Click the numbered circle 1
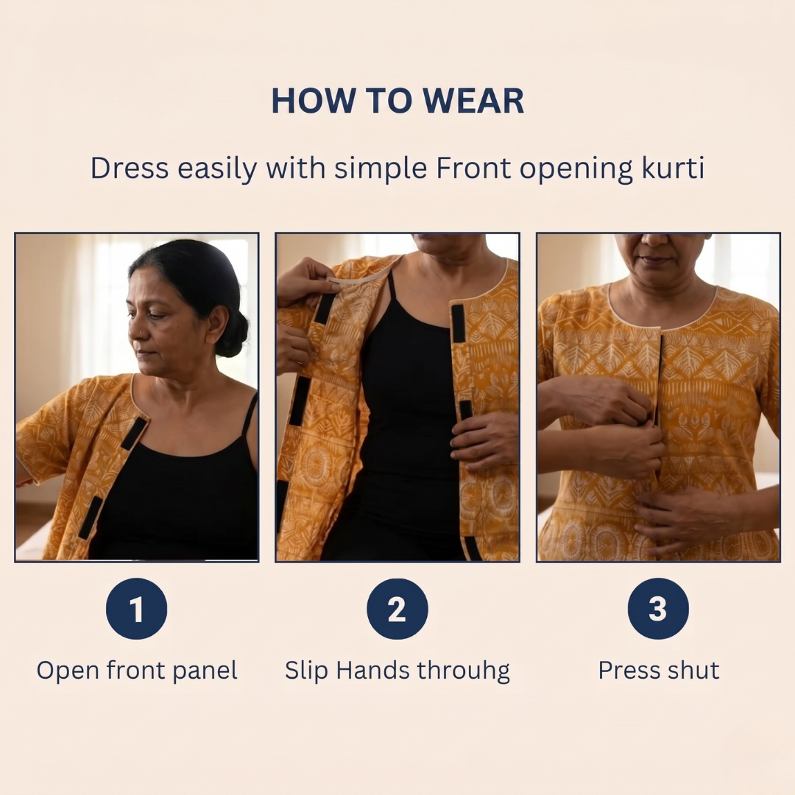(136, 609)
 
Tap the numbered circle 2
(397, 609)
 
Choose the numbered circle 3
(658, 609)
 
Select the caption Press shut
(658, 670)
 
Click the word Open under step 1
(68, 671)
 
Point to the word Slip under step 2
(306, 671)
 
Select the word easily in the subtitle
(217, 168)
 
